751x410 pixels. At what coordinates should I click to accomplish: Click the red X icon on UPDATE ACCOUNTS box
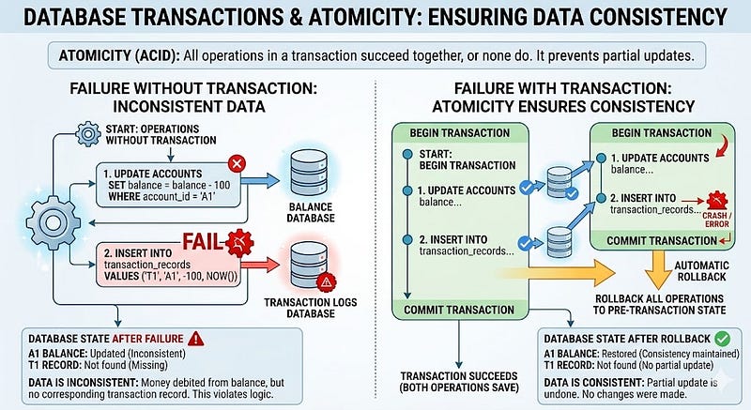237,163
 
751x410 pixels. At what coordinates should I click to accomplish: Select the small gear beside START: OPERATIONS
88,134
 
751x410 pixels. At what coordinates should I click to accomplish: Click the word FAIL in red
203,242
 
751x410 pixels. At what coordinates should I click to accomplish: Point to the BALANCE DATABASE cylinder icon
310,173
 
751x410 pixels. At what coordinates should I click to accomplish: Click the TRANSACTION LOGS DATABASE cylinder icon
310,265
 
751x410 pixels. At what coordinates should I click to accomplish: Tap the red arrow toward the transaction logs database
260,265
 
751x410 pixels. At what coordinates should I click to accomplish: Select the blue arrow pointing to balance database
260,180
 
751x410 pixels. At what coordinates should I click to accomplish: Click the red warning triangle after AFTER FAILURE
196,339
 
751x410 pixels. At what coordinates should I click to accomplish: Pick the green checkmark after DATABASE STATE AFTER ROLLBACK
722,339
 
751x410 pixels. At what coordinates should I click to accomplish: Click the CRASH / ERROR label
716,220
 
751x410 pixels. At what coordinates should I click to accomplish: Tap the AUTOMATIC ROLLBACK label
701,271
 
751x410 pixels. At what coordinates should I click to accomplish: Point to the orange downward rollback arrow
658,269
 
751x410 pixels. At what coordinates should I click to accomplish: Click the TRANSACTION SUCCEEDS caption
459,382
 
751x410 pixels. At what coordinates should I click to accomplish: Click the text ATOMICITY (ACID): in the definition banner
119,56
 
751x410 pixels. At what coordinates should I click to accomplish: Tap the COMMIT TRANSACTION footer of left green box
459,310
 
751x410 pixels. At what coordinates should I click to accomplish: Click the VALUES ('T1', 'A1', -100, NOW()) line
171,276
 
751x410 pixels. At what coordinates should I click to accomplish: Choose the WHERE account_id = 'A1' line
161,197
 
